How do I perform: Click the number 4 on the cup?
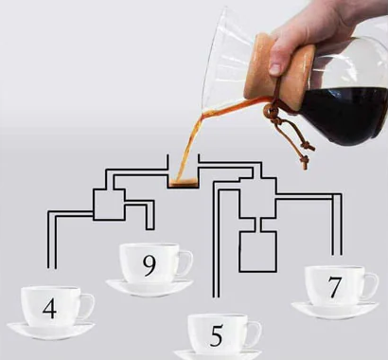coord(49,308)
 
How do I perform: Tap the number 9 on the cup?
coord(149,265)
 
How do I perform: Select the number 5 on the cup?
coord(217,335)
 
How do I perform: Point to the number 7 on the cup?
coord(335,287)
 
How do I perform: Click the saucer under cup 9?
coord(150,288)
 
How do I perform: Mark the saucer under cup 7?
coord(335,310)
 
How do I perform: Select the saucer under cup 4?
coord(50,331)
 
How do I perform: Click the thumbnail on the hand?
coord(275,69)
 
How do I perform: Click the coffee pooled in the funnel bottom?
coord(183,182)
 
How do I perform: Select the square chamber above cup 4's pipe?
coord(109,205)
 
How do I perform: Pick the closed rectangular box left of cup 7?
coord(258,251)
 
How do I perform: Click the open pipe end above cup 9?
coord(150,229)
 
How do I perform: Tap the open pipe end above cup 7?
coord(337,254)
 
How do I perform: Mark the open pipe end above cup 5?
coord(217,297)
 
